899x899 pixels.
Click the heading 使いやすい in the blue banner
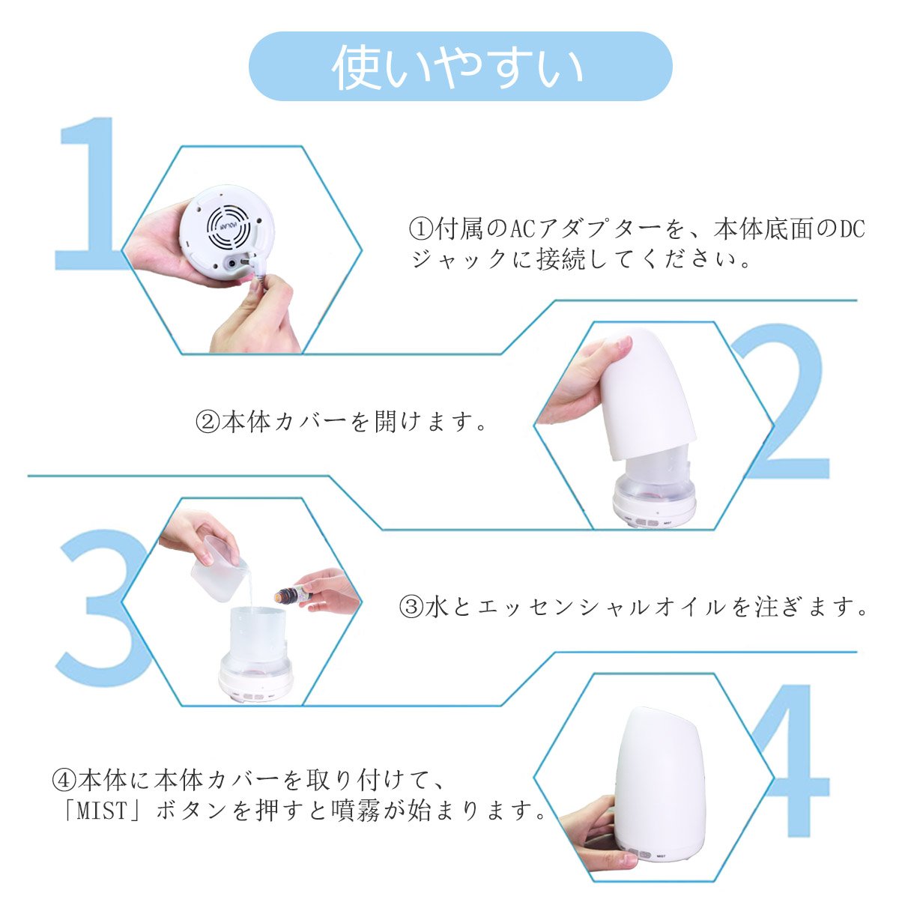(457, 67)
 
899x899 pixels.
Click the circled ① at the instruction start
(421, 229)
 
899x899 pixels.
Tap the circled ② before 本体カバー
(208, 423)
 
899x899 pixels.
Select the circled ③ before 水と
(411, 607)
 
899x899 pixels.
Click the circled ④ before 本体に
(64, 781)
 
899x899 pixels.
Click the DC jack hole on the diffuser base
(231, 264)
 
